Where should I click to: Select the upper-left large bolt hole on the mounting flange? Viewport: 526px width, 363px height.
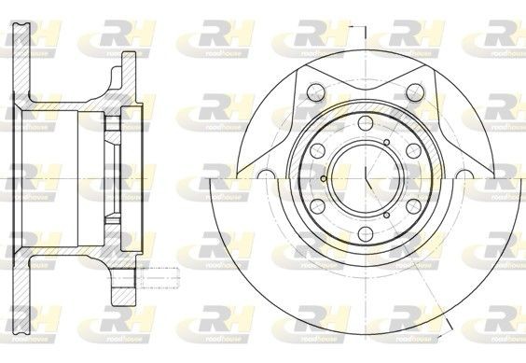click(x=314, y=91)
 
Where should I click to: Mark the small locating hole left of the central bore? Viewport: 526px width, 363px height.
click(x=322, y=180)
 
